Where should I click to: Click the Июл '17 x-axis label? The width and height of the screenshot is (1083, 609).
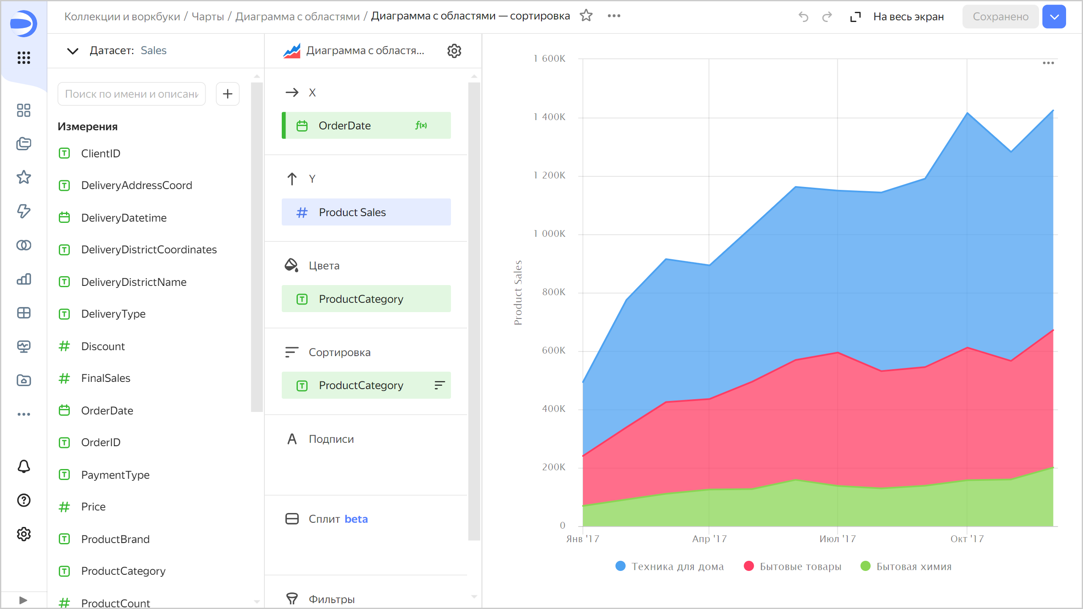(x=837, y=539)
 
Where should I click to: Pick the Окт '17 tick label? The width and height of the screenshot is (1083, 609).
(x=967, y=539)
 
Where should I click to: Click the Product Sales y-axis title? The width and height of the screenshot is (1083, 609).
(x=518, y=292)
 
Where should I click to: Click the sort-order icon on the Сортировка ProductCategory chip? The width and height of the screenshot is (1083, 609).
(x=440, y=385)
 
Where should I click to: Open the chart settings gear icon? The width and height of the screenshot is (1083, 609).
(x=454, y=51)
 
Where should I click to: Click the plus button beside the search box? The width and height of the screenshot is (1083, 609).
(x=228, y=94)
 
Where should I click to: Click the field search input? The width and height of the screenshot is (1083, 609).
(x=132, y=94)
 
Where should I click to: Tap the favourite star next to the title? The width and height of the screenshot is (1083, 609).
(x=586, y=16)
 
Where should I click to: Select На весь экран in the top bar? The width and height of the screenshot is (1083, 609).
(x=908, y=16)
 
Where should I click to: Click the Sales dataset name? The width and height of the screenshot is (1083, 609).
(x=154, y=50)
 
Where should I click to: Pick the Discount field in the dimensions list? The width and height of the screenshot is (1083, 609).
(x=103, y=346)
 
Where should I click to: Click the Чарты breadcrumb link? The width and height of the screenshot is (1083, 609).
(x=208, y=16)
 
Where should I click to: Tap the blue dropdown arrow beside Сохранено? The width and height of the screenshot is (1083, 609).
(x=1054, y=16)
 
